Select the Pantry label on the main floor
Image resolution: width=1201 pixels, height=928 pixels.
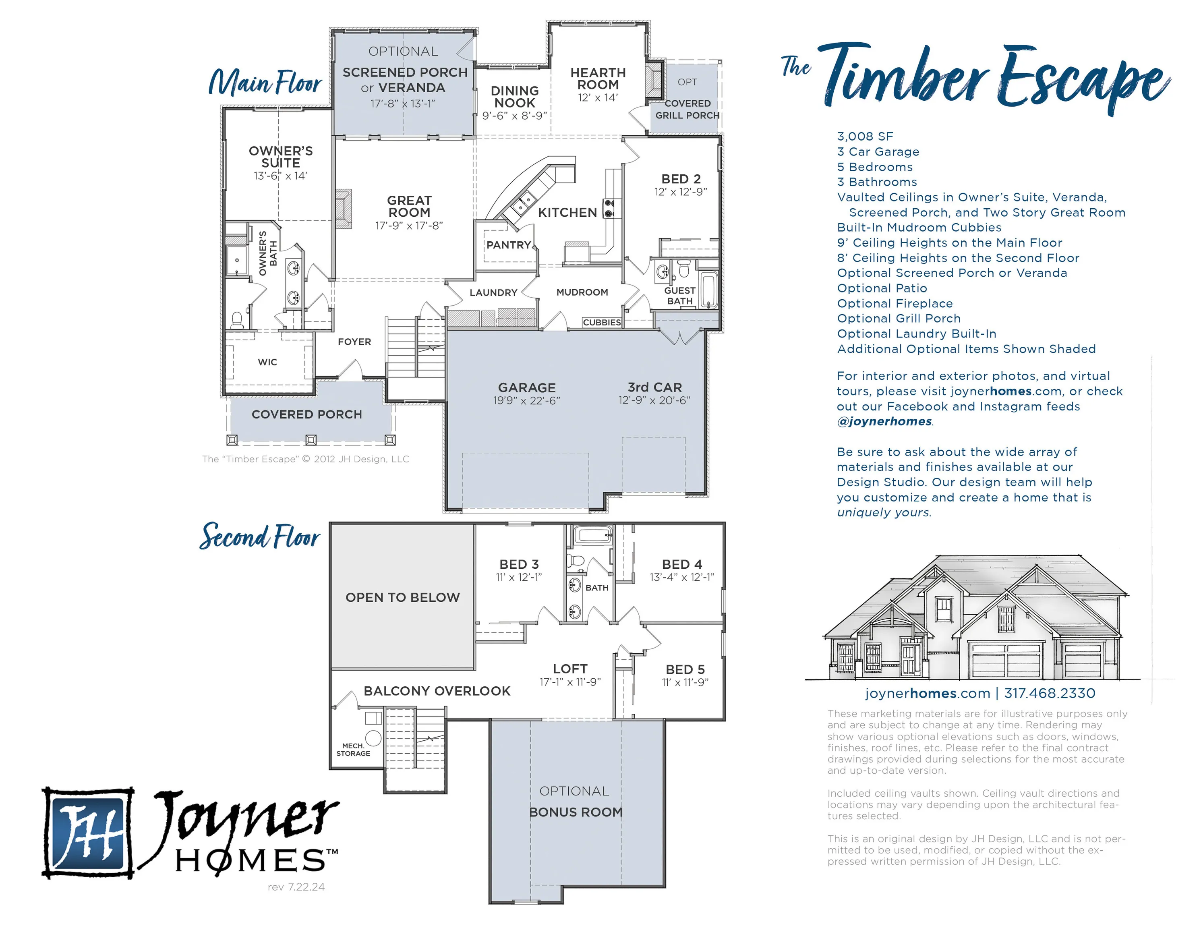coord(509,245)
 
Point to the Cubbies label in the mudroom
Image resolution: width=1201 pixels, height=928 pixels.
coord(602,322)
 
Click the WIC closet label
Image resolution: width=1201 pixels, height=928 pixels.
coord(267,362)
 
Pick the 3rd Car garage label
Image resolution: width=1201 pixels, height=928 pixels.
coord(654,387)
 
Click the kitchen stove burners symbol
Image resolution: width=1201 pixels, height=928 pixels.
coord(609,209)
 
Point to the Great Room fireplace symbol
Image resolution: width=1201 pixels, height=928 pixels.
coord(344,209)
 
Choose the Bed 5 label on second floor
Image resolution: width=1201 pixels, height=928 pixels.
coord(685,669)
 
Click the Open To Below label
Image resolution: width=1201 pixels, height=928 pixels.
coord(402,597)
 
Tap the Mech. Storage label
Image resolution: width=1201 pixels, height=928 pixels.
coord(353,750)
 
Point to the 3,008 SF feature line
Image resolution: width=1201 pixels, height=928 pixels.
coord(865,137)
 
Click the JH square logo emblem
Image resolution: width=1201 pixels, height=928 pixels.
coord(88,832)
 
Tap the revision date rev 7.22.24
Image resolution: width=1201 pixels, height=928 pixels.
coord(296,887)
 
